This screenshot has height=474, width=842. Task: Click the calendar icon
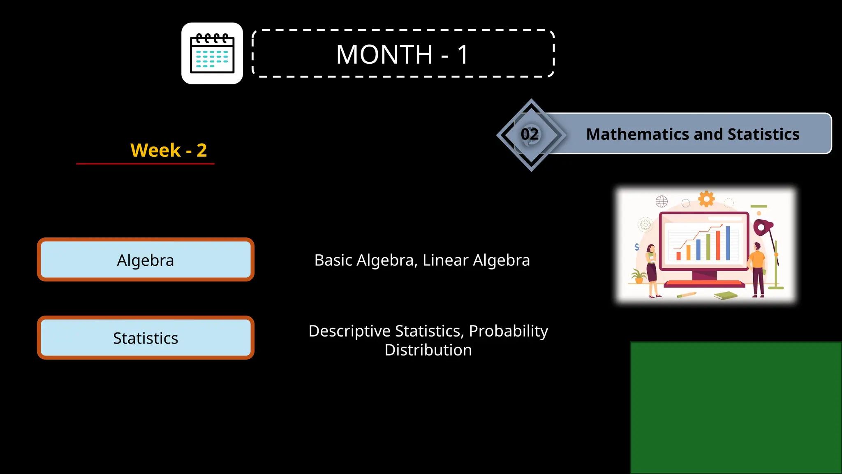click(212, 53)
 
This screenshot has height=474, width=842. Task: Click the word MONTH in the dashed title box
click(384, 54)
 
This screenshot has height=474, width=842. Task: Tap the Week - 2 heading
click(169, 150)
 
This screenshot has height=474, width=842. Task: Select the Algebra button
click(146, 260)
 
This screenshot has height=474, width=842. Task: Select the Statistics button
click(146, 338)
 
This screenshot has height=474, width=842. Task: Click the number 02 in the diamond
click(530, 135)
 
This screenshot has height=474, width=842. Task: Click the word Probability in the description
click(508, 331)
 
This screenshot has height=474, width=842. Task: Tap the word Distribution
click(428, 350)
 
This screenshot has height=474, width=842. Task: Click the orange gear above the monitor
click(706, 199)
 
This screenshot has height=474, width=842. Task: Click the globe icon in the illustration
click(662, 201)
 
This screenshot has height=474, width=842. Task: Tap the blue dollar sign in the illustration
click(636, 247)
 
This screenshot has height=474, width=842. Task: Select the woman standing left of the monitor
click(652, 270)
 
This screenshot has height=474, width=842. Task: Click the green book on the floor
click(726, 295)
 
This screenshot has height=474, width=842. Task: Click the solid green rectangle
click(736, 407)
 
